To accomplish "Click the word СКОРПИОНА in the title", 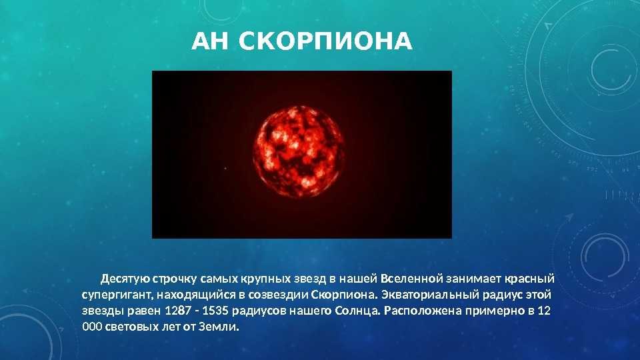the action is click(x=325, y=41).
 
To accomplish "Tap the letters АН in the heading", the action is click(x=210, y=41).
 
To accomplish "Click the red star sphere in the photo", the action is click(x=299, y=151).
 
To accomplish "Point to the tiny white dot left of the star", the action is click(x=226, y=168).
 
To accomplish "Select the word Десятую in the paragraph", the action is click(x=125, y=279).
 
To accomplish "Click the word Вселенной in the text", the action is click(x=412, y=279).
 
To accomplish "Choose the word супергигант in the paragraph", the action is click(x=116, y=295).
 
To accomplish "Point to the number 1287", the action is click(x=178, y=311).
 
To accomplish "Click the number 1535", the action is click(x=215, y=311).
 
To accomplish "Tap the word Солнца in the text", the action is click(x=357, y=311).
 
